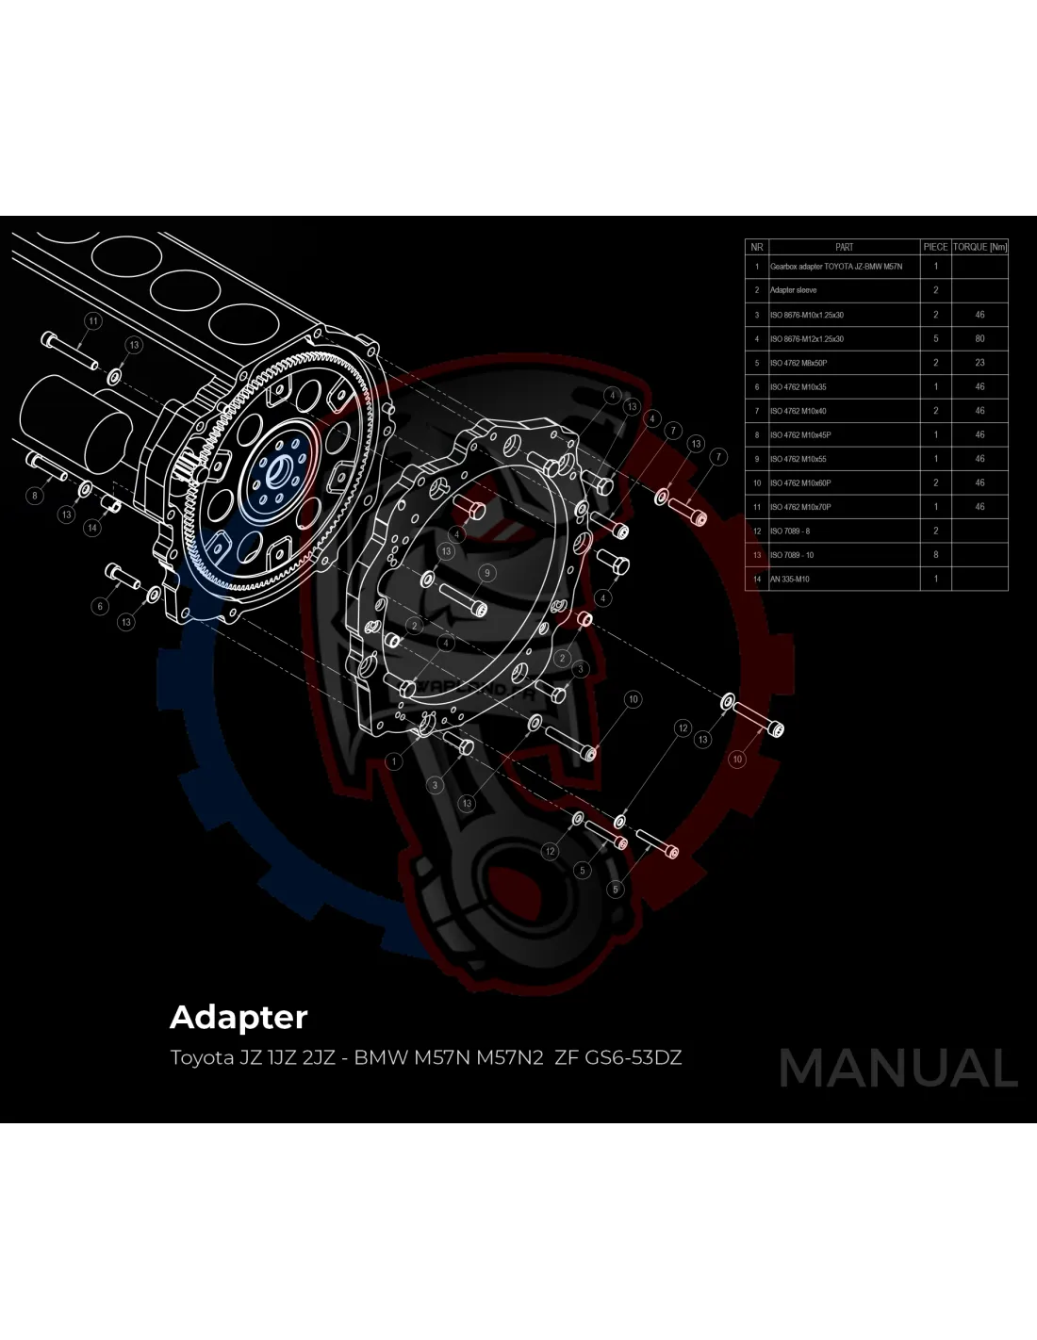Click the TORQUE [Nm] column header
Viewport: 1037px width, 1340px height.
pos(979,247)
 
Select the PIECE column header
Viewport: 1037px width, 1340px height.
pos(935,247)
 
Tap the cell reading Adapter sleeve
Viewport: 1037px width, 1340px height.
pos(794,290)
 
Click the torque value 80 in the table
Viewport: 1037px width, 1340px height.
pos(979,338)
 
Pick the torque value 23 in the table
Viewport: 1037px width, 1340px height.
pos(979,362)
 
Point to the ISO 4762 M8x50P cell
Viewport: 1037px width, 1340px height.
pos(798,363)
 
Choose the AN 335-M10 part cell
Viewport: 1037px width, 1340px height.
pos(790,579)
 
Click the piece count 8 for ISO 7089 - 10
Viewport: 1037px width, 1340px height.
pos(935,555)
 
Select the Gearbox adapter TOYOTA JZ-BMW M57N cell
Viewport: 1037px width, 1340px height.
pos(836,267)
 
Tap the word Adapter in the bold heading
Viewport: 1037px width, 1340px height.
pos(239,1018)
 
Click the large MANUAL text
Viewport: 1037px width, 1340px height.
pos(897,1069)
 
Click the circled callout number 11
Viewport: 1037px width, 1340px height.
pos(92,321)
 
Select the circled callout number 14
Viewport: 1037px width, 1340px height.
pos(92,528)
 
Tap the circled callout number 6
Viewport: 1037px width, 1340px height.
pos(100,606)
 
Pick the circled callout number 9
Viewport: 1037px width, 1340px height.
pos(486,572)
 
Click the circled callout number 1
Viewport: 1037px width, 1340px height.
pos(394,760)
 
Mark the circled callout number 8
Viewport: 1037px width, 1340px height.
pos(35,495)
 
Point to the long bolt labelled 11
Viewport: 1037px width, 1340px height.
pos(71,351)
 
